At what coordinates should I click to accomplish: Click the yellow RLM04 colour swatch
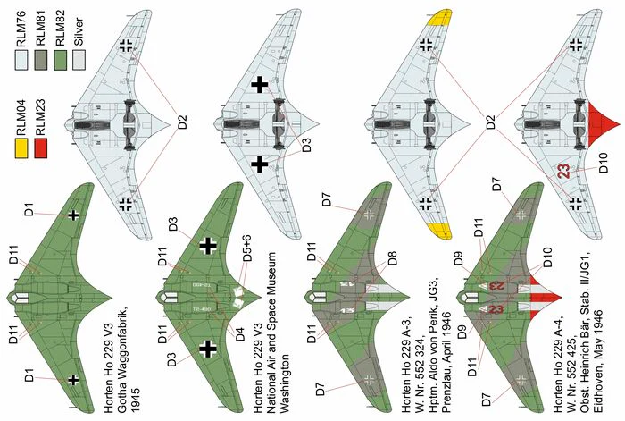(21, 148)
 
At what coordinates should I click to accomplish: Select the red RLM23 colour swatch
(41, 148)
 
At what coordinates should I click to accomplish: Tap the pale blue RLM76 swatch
(21, 60)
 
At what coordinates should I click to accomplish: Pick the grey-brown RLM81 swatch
(41, 60)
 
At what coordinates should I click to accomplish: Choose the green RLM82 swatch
(60, 60)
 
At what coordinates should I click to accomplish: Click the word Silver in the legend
(79, 31)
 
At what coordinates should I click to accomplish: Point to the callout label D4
(239, 333)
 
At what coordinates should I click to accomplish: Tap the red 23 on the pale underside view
(563, 172)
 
